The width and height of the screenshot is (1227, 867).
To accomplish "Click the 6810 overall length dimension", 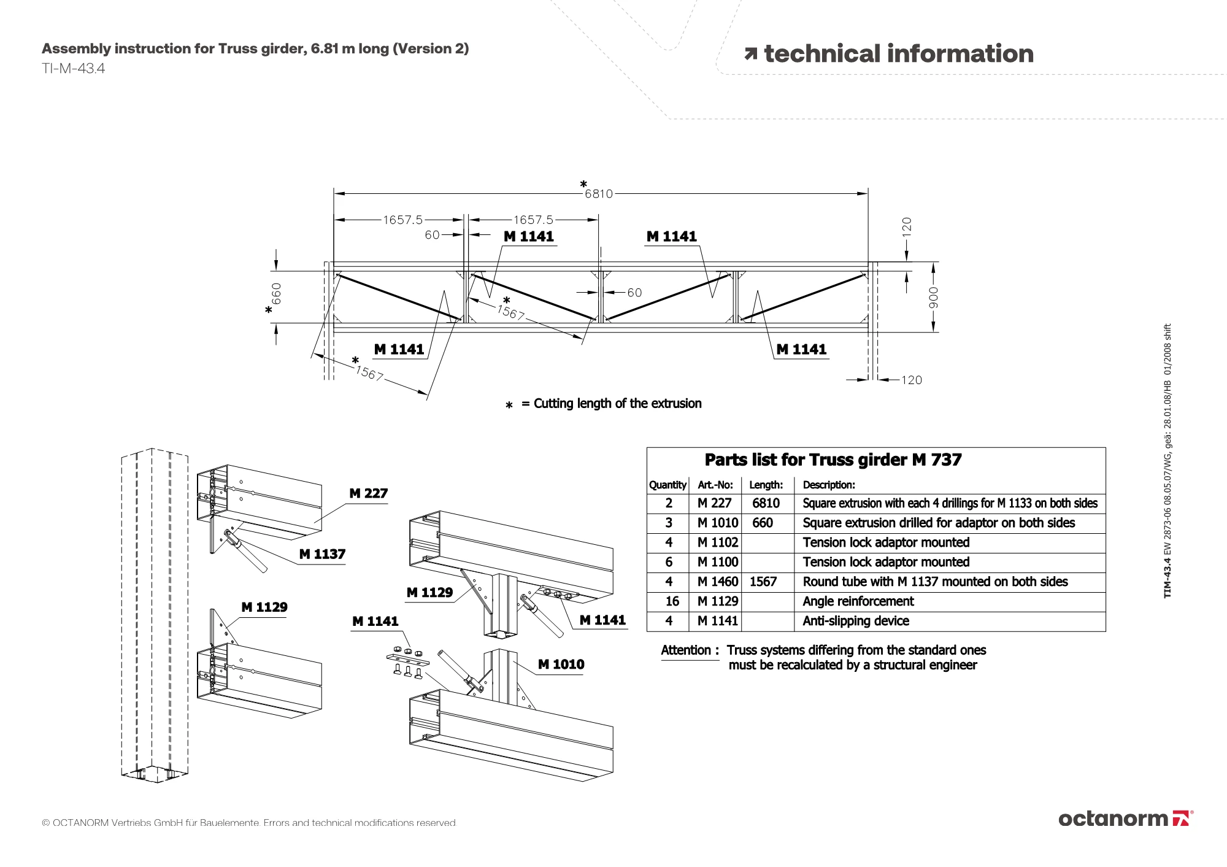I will coord(598,194).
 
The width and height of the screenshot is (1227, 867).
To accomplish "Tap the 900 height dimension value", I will coord(933,298).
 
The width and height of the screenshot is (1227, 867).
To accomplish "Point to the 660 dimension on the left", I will coord(277,293).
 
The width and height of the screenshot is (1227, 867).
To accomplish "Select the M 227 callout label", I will coord(368,493).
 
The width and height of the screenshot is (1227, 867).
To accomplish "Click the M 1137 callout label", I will coord(322,554).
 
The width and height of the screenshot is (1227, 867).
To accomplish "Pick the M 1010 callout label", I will coord(561,664).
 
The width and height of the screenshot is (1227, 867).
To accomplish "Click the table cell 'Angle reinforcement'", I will coord(858,601).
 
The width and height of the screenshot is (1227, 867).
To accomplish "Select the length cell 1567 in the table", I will coord(763,582).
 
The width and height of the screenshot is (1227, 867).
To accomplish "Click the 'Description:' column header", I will coord(828,485).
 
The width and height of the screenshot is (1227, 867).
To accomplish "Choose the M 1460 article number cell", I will coord(717,582).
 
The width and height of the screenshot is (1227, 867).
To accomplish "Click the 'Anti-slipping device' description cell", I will coord(856,621).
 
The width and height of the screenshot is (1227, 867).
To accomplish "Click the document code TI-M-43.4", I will coord(74,69).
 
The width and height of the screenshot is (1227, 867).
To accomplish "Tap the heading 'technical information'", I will coord(898,54).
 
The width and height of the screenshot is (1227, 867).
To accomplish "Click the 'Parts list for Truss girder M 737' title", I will coord(833,460).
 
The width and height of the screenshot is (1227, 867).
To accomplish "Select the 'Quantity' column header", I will coord(667,485).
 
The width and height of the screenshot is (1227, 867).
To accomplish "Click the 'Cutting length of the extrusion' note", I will coord(617,404).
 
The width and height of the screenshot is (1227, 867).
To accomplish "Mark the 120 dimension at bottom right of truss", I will coord(911,380).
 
